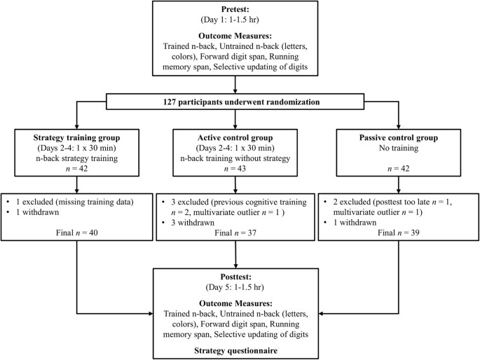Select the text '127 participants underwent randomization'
(x=240, y=102)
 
